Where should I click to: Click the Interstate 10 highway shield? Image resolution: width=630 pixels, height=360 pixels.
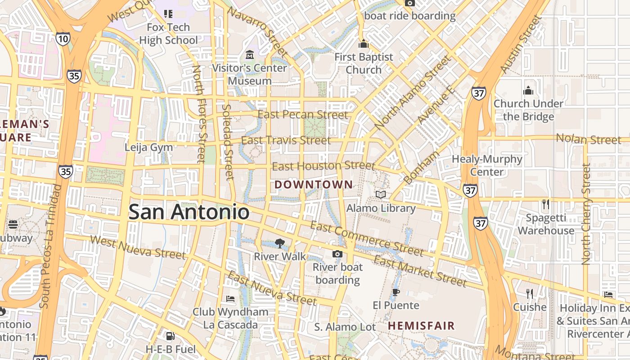click(63, 39)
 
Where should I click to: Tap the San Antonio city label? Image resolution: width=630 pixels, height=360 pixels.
click(189, 212)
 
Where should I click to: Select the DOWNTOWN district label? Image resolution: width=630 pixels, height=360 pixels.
click(314, 184)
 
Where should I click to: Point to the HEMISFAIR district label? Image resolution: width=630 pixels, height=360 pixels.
click(421, 325)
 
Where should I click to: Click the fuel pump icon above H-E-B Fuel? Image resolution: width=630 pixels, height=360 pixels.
click(170, 336)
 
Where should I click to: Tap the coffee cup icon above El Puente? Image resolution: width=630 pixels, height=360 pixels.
click(396, 292)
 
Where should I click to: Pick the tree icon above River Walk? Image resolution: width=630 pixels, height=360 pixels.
click(280, 243)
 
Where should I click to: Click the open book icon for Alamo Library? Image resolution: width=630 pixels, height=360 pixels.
click(381, 194)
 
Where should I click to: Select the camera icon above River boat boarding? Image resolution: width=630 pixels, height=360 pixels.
click(337, 254)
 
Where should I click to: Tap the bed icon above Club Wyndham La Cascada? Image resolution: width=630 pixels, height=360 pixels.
click(230, 298)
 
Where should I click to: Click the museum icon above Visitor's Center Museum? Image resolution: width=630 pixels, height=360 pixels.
click(250, 55)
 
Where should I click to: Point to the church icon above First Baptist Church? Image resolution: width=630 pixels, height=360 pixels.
click(363, 44)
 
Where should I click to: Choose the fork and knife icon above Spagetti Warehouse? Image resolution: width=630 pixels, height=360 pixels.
click(545, 204)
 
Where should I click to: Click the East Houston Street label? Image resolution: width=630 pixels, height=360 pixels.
click(323, 166)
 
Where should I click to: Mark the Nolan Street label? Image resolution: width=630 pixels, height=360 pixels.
click(588, 139)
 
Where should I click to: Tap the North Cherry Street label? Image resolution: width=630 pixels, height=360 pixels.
click(585, 214)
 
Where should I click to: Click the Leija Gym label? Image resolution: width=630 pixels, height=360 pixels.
click(148, 147)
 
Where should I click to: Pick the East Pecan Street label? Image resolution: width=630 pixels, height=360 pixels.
click(302, 115)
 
